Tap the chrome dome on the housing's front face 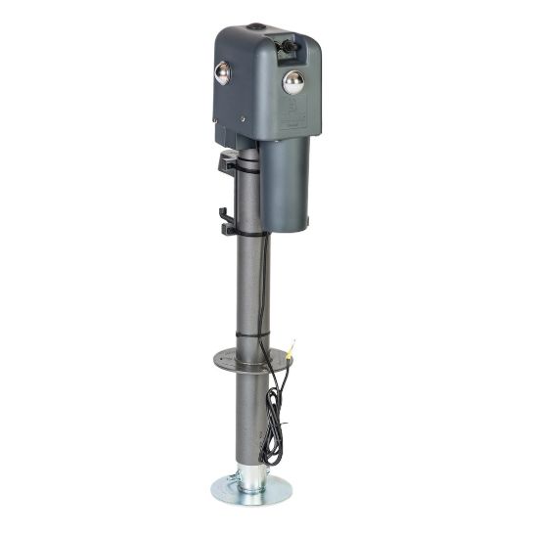[x=292, y=82]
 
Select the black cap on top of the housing [x=255, y=26]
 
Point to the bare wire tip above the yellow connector [x=294, y=338]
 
